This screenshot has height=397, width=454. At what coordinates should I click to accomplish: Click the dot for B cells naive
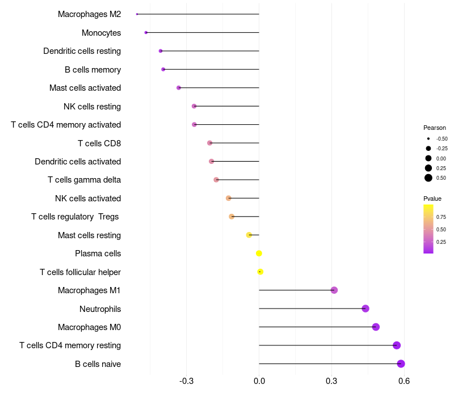[x=401, y=364]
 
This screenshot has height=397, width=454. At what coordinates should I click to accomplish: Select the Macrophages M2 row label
[x=89, y=14]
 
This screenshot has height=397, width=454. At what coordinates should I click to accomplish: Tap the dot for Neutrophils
[x=365, y=309]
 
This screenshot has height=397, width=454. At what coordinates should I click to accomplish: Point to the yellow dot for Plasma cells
[x=259, y=254]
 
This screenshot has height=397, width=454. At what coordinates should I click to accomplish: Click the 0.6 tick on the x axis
[x=404, y=381]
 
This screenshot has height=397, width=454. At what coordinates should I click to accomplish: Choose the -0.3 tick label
[x=187, y=381]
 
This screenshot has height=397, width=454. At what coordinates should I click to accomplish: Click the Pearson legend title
[x=435, y=128]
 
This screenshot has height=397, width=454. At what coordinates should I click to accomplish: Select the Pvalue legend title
[x=432, y=198]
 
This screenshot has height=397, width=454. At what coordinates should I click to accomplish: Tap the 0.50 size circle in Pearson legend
[x=428, y=178]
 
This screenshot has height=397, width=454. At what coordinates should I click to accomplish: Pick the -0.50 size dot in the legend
[x=428, y=138]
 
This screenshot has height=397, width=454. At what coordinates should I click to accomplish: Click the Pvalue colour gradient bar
[x=428, y=229]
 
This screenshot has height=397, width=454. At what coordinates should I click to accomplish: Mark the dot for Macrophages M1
[x=334, y=290]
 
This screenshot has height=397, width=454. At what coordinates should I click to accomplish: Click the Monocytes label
[x=101, y=33]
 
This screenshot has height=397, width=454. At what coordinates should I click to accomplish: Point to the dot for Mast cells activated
[x=179, y=88]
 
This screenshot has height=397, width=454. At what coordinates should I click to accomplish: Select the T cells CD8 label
[x=99, y=143]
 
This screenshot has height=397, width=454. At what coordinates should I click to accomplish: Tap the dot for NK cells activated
[x=229, y=198]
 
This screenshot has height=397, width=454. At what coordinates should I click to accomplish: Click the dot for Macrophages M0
[x=376, y=327]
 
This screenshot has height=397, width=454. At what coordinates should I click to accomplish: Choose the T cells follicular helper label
[x=80, y=272]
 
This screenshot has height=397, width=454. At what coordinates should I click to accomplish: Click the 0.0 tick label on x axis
[x=259, y=381]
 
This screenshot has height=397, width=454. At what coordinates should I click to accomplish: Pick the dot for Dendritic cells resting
[x=161, y=51]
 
